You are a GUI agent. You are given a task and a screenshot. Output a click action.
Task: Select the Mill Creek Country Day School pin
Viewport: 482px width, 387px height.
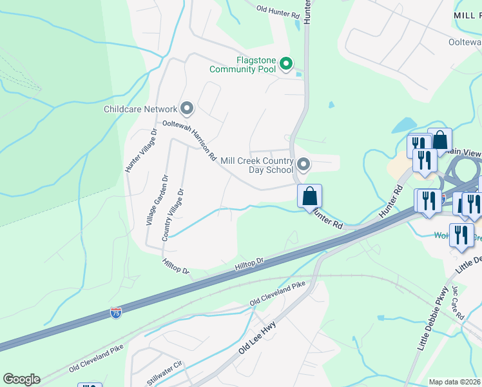tap(304, 165)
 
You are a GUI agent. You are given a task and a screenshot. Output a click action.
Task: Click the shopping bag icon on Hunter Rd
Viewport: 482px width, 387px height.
tap(309, 195)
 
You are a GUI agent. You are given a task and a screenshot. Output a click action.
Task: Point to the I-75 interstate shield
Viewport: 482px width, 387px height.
tap(116, 313)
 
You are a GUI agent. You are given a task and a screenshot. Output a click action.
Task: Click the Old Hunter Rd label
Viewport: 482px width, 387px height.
tap(278, 10)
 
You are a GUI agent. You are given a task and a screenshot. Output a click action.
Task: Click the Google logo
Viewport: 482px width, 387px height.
tap(21, 379)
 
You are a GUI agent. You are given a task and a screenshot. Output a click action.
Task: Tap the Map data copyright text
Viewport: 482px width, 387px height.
tap(454, 382)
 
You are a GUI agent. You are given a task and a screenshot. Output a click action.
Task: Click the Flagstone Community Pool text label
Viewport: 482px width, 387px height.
tap(242, 64)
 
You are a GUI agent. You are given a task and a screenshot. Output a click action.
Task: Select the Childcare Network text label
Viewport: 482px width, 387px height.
tap(140, 109)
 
